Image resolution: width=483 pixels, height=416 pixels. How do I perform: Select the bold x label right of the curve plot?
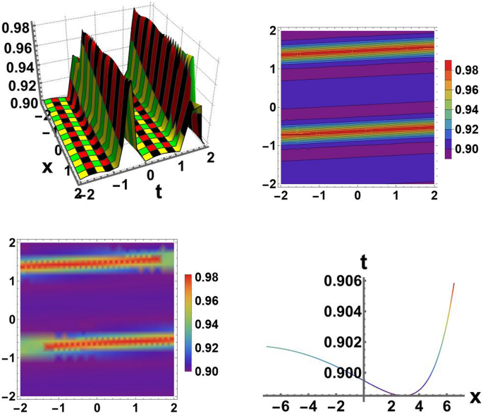coord(475,395)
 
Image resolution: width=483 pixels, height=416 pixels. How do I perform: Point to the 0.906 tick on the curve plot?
coord(342,281)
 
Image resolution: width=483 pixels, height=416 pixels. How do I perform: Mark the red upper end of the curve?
coord(453,284)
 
